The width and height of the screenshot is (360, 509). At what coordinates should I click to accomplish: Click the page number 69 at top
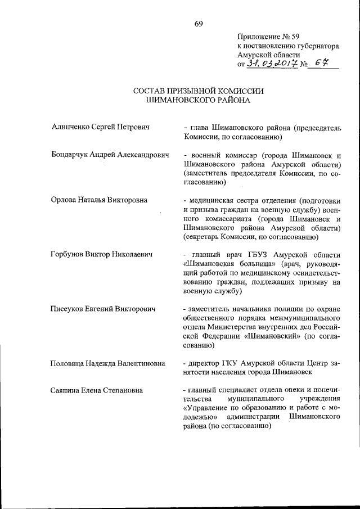pyautogui.click(x=198, y=23)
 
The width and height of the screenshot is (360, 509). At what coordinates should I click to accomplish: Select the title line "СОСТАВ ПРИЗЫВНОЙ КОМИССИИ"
pyautogui.click(x=198, y=91)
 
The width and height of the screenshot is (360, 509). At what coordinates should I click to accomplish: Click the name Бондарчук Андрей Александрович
pyautogui.click(x=110, y=155)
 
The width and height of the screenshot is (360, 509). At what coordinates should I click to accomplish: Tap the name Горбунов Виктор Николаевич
pyautogui.click(x=102, y=255)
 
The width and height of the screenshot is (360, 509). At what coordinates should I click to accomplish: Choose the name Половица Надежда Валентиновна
pyautogui.click(x=108, y=364)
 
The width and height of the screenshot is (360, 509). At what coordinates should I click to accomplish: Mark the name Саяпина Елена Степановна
pyautogui.click(x=97, y=391)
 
